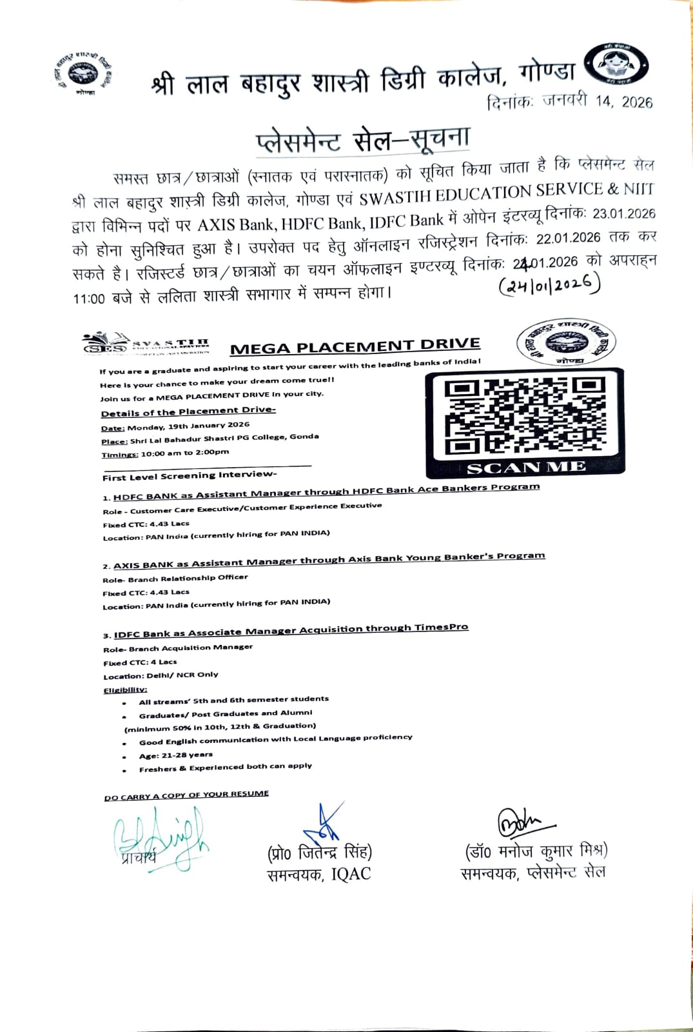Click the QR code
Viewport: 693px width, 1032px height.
click(525, 415)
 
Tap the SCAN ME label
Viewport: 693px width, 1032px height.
click(526, 468)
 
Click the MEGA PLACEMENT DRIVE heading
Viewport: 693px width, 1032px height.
click(355, 346)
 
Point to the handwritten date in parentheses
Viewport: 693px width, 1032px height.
click(550, 284)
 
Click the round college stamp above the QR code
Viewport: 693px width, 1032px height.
click(567, 342)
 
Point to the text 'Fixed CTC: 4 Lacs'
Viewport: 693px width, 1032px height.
click(140, 662)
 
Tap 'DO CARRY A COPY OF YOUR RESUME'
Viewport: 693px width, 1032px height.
click(186, 795)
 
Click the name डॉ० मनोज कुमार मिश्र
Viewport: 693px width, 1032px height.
click(536, 851)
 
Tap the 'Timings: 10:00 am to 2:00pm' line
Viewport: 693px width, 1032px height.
click(165, 453)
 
